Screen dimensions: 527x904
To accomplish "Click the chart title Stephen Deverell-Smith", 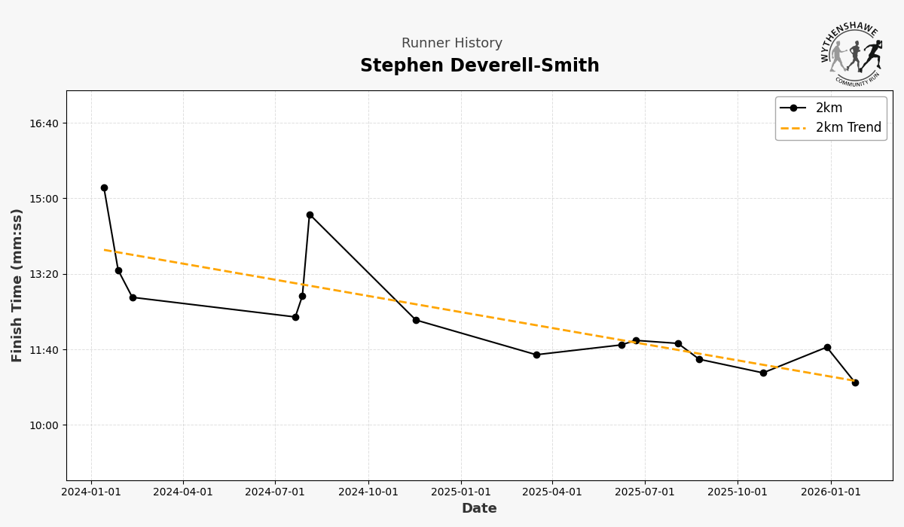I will [x=479, y=66].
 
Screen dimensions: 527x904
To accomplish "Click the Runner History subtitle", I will [x=451, y=44].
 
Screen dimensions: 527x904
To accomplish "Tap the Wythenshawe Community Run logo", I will [x=851, y=53].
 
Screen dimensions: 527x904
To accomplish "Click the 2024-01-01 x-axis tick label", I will [x=91, y=492].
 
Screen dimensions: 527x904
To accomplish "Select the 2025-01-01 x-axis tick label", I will [x=461, y=492].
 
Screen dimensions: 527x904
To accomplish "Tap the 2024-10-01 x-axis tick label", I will [x=368, y=492].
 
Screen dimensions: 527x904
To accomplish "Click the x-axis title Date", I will [x=479, y=509].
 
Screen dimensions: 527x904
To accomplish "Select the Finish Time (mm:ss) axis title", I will [x=17, y=285].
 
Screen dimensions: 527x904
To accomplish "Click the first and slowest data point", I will [x=104, y=188].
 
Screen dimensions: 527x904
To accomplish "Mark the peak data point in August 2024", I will [x=310, y=215].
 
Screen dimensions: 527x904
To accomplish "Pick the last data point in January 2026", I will [x=855, y=383].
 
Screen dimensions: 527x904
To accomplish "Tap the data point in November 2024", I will [x=416, y=321].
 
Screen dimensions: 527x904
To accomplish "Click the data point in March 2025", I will [x=536, y=355].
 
